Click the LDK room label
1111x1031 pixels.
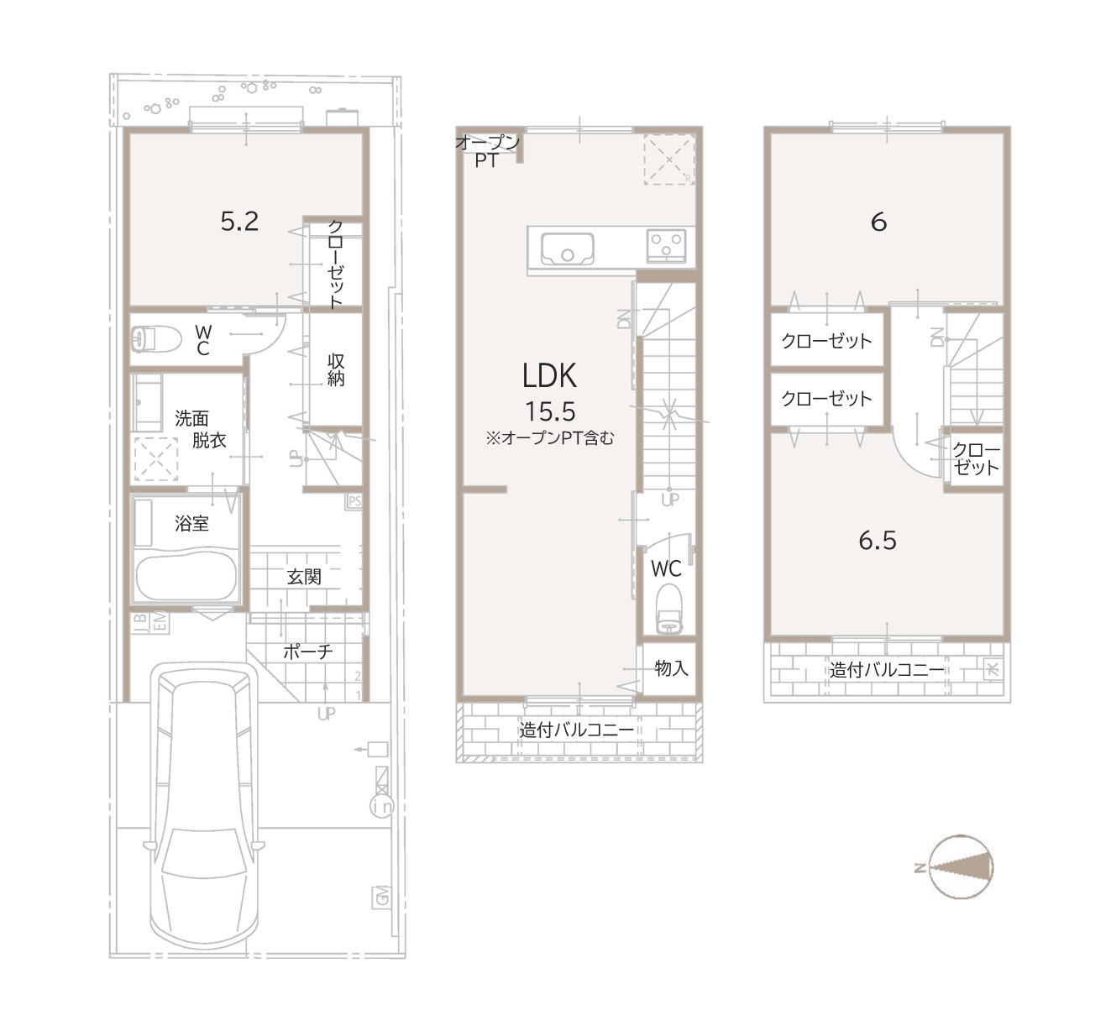coord(549,375)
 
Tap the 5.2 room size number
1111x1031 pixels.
coord(239,222)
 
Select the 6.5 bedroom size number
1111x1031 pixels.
coord(878,541)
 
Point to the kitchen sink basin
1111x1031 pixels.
coord(567,249)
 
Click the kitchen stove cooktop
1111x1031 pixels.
coord(666,246)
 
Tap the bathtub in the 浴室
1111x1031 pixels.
coord(186,578)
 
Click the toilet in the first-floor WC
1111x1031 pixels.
coord(156,338)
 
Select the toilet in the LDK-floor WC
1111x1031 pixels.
coord(668,610)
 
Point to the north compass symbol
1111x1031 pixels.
coord(959,867)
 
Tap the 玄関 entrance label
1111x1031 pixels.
coord(304,577)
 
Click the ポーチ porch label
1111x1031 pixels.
coord(307,652)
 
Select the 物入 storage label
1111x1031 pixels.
coord(671,668)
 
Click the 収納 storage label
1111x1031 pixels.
coord(336,370)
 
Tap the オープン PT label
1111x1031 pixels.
coord(487,152)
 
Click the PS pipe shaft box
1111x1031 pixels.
coord(354,500)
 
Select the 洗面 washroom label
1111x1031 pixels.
coord(191,418)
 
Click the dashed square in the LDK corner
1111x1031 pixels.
coord(669,159)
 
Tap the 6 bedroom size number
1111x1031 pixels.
coord(879,222)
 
